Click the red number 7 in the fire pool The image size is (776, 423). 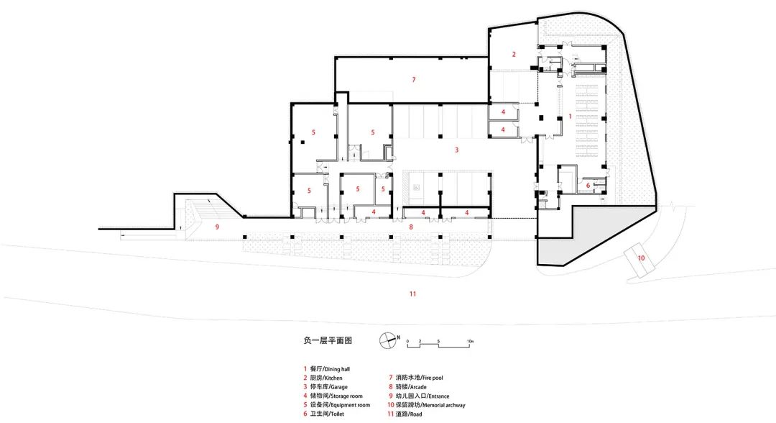[414, 79]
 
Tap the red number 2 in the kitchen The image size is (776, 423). [514, 55]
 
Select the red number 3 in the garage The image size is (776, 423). [456, 150]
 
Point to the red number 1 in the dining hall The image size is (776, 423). [570, 115]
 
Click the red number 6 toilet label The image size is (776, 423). [588, 186]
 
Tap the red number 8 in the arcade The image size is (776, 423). [411, 227]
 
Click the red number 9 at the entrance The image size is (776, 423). [215, 227]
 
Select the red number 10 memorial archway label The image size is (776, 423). [641, 258]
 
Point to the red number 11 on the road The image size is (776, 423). [412, 294]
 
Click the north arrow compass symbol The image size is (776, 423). [388, 340]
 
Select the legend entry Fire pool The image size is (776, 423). [420, 378]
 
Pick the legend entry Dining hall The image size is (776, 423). [330, 368]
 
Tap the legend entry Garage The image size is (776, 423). [328, 387]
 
